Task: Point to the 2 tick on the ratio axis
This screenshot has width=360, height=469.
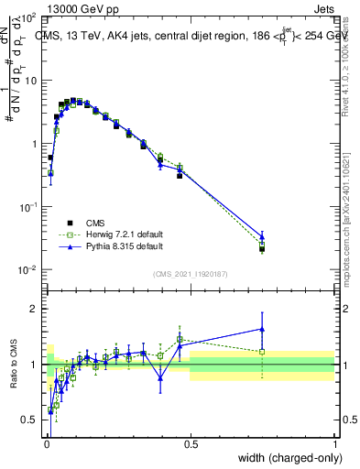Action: coord(32,309)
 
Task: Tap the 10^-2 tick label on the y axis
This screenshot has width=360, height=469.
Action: coord(27,269)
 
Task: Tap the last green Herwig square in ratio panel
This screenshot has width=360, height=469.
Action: coord(262,351)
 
